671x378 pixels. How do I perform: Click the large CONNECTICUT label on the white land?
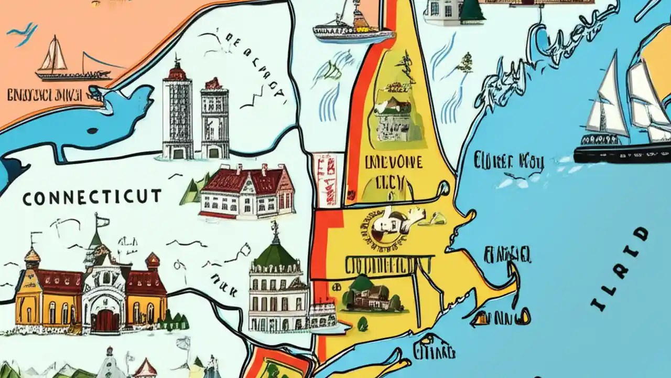point(92,197)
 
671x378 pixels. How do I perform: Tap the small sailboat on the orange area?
point(52,56)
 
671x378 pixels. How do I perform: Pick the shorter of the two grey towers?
point(214,120)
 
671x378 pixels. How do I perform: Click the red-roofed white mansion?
point(246,192)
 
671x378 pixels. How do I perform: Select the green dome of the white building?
point(276,255)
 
